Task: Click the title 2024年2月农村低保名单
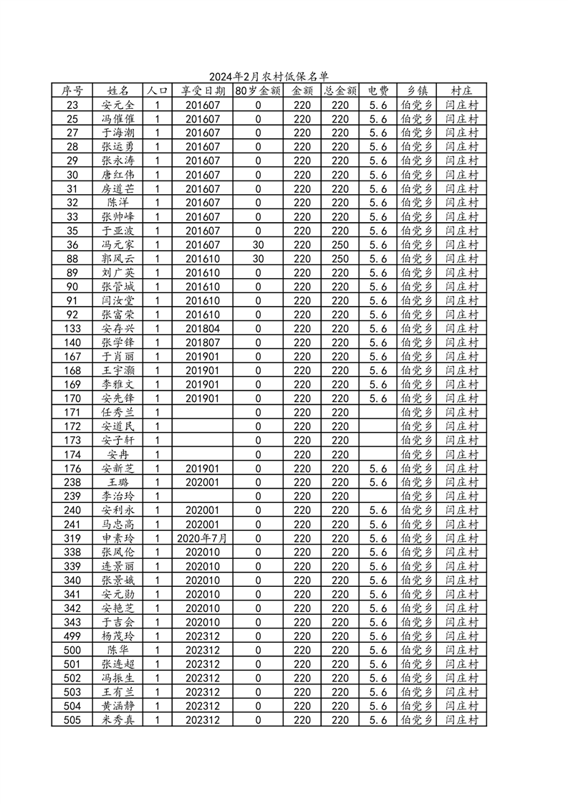(269, 77)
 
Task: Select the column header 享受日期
(203, 91)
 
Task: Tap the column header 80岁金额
(258, 91)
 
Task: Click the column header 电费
(378, 91)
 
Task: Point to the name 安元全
(118, 105)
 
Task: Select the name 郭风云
(118, 259)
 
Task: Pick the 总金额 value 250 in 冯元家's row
(340, 244)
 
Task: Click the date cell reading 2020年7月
(203, 538)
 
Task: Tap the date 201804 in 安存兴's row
(203, 328)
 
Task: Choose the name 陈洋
(118, 203)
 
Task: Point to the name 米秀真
(118, 720)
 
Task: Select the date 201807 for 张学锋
(203, 343)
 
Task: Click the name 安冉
(118, 454)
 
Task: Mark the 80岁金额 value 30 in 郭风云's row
(258, 259)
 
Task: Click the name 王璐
(118, 482)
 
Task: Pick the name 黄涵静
(118, 706)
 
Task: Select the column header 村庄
(461, 91)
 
